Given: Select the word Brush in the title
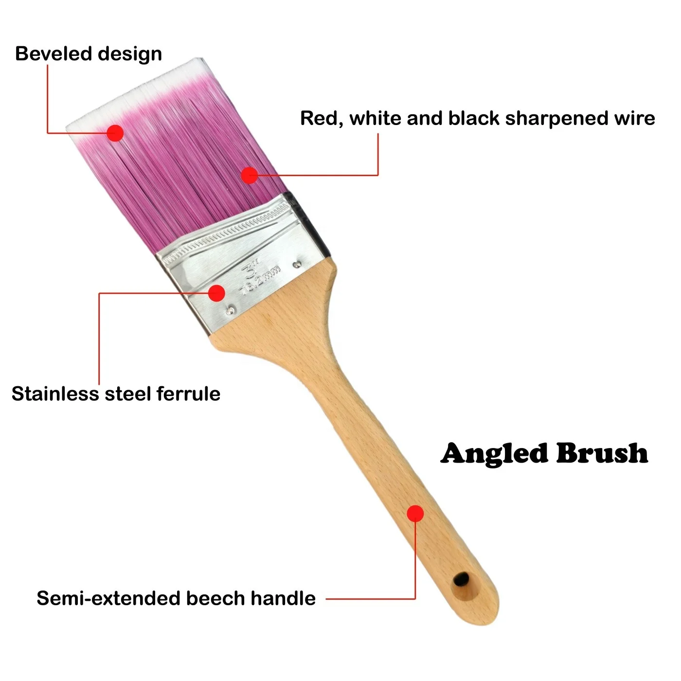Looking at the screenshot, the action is (x=602, y=453).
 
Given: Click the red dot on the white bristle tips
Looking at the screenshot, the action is (x=115, y=133).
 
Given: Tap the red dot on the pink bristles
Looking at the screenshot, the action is (x=250, y=175).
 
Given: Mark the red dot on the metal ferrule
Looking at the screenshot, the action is (x=216, y=293).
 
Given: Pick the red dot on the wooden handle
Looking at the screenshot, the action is (x=415, y=513).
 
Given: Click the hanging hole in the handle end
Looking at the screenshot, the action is (x=460, y=579).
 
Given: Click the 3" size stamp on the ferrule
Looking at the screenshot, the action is (x=251, y=268).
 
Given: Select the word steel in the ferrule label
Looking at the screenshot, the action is (x=128, y=394).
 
